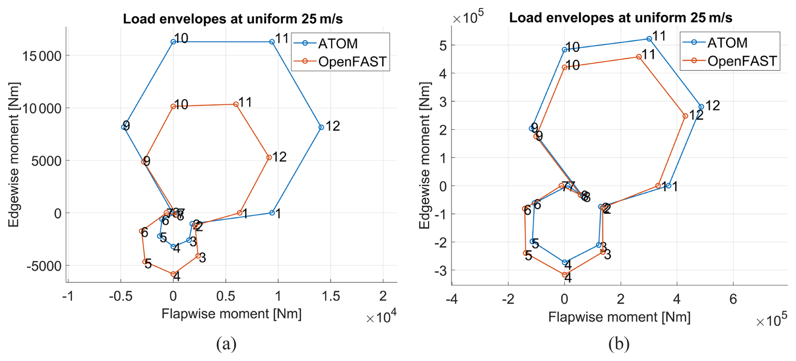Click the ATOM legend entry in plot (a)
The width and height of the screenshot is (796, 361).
[337, 43]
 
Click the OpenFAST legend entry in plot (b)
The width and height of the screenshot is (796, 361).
[742, 61]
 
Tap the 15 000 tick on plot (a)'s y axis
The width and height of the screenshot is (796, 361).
[42, 56]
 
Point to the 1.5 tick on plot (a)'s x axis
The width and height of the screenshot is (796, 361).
[331, 296]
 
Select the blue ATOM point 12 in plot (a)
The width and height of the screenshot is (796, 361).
[321, 127]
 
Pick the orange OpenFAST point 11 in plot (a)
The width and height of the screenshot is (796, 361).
[236, 104]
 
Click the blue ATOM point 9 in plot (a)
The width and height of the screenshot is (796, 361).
[124, 127]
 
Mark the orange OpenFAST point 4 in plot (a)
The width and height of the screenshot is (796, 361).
[173, 274]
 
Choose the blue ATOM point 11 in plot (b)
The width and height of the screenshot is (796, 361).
[649, 39]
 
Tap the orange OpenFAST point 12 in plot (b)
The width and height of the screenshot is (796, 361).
[685, 116]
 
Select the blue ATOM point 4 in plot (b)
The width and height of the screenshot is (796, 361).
[565, 262]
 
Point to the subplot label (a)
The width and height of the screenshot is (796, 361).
[226, 344]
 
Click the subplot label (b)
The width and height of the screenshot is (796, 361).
[619, 344]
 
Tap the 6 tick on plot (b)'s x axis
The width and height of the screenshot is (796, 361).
[733, 299]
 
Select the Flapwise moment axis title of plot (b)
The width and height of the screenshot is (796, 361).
[619, 317]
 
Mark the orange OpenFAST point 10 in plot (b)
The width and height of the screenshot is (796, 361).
[565, 67]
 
